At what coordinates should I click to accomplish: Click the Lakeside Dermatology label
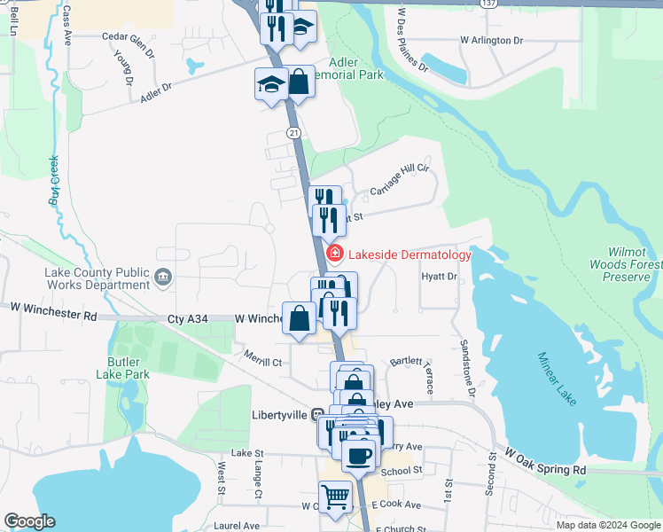coord(409,255)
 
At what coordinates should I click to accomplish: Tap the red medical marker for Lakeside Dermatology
coord(335,254)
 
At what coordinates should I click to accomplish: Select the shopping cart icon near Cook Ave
coord(336,496)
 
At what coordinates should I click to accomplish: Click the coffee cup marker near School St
coord(358,456)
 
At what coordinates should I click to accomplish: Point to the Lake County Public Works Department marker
coord(162,278)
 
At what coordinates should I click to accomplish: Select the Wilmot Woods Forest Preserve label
coord(626,264)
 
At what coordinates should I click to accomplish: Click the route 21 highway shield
coord(293,132)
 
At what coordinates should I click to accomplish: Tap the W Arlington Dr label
coord(491,41)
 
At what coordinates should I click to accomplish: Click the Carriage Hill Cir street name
coord(399,181)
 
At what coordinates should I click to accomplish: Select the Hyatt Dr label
coord(440,277)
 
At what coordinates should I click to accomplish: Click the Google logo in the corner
coord(29,521)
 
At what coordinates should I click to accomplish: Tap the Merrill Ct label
coord(263,361)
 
